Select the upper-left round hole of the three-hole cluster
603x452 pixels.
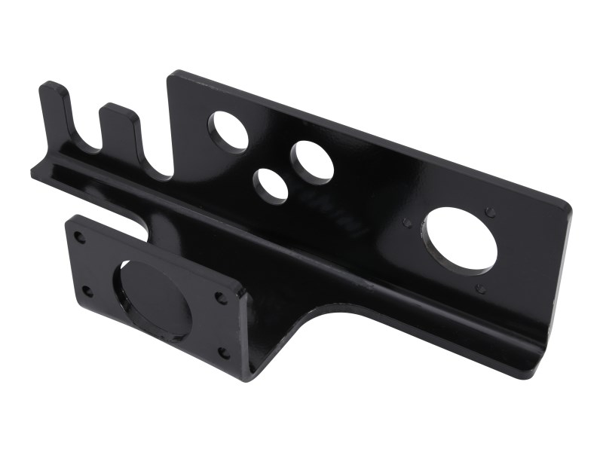click(x=228, y=130)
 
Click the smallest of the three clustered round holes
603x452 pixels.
click(x=270, y=185)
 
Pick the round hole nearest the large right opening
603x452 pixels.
click(x=312, y=161)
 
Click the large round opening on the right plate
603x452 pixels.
click(x=461, y=240)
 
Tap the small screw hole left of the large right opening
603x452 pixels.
click(x=408, y=223)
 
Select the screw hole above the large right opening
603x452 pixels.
click(x=491, y=212)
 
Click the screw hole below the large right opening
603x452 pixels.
click(x=480, y=288)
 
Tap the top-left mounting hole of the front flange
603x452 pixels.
click(x=79, y=237)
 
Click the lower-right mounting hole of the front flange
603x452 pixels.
click(x=224, y=351)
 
